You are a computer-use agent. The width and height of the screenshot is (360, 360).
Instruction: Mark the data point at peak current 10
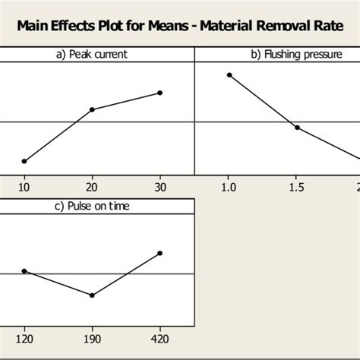[24, 161]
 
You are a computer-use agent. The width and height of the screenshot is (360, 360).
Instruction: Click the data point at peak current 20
[92, 109]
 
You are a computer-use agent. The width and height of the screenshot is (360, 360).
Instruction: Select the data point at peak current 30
[159, 93]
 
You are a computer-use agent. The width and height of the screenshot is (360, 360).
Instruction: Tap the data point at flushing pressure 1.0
[229, 74]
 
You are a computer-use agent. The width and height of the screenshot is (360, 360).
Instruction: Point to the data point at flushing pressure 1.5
[297, 127]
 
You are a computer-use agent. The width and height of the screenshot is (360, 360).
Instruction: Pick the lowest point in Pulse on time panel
[92, 295]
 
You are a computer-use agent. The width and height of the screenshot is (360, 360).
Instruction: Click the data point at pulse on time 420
[159, 253]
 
